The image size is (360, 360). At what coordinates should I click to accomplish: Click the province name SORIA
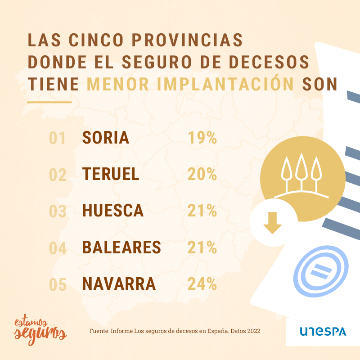pyautogui.click(x=106, y=138)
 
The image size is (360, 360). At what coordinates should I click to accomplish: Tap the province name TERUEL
pyautogui.click(x=111, y=174)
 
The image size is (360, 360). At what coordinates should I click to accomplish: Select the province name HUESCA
pyautogui.click(x=113, y=211)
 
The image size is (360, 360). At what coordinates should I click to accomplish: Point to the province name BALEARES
pyautogui.click(x=121, y=247)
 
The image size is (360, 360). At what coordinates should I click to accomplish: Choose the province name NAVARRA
pyautogui.click(x=119, y=284)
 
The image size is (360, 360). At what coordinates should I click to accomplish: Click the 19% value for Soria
pyautogui.click(x=202, y=138)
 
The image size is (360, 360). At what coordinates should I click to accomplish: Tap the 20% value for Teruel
pyautogui.click(x=202, y=174)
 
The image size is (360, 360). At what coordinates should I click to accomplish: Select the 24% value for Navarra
pyautogui.click(x=202, y=284)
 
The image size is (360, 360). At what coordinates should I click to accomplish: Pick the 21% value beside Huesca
pyautogui.click(x=202, y=211)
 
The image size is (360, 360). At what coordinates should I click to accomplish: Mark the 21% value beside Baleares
pyautogui.click(x=202, y=247)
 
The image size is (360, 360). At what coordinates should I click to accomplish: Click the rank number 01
pyautogui.click(x=58, y=138)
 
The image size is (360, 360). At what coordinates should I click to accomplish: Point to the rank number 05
pyautogui.click(x=58, y=284)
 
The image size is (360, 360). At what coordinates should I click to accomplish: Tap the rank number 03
pyautogui.click(x=58, y=211)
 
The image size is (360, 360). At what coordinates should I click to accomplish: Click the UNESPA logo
pyautogui.click(x=323, y=332)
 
